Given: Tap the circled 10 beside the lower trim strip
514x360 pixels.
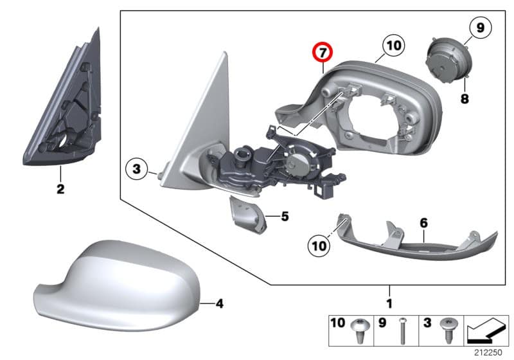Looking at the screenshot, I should [x=319, y=244].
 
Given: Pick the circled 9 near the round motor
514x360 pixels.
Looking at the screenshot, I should [x=479, y=28].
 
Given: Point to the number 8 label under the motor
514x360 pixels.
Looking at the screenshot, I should [x=464, y=99].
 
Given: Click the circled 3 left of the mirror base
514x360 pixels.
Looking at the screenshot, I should [x=136, y=170].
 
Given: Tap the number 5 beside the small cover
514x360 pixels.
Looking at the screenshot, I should [x=285, y=217].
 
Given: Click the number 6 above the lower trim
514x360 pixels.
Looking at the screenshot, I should [x=423, y=222].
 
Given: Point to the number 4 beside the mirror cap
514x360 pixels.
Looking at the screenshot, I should [x=219, y=302].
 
